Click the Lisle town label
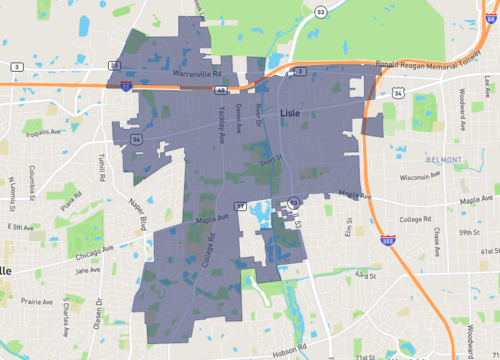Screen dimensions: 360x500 [292, 113]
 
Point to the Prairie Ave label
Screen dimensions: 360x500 [35, 300]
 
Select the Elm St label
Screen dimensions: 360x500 [348, 231]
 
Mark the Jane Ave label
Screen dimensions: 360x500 [88, 269]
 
